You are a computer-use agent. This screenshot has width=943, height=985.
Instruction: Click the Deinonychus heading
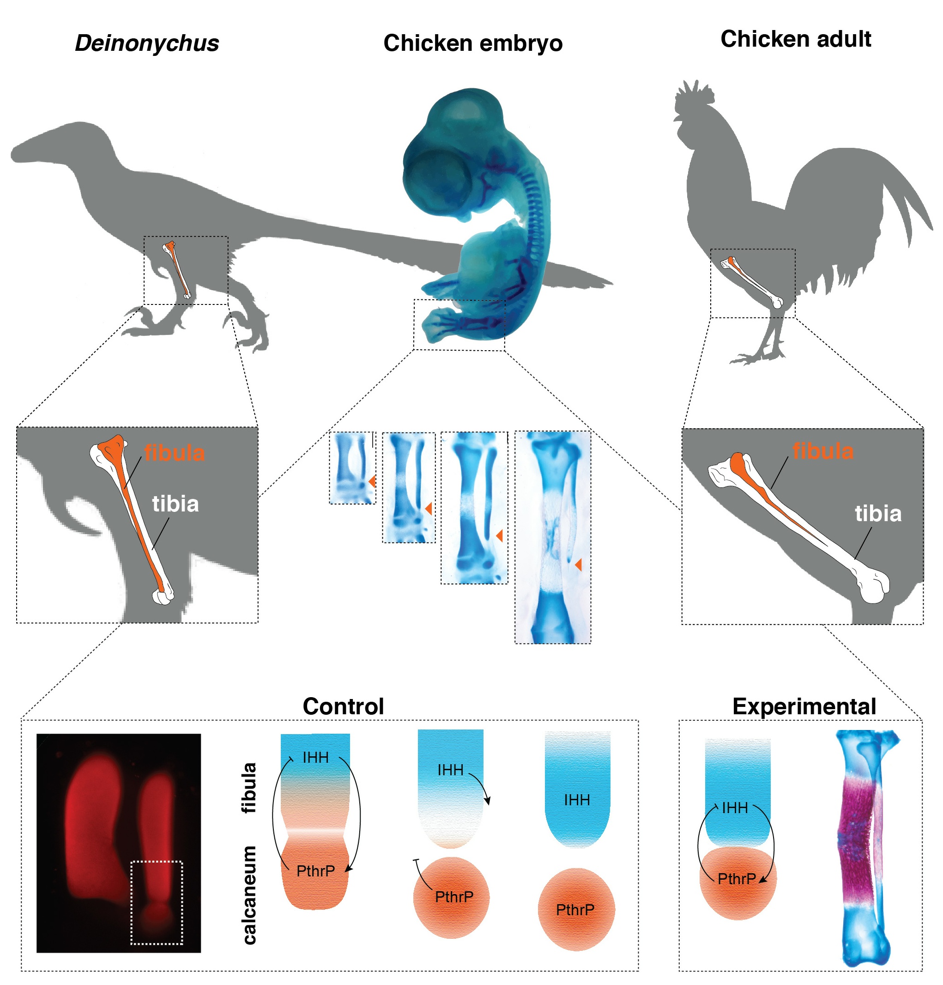(x=147, y=43)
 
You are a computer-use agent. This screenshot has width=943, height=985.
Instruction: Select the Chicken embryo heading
(x=472, y=43)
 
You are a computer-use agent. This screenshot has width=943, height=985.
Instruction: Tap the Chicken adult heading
(x=795, y=39)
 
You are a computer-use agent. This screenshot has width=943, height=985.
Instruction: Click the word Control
(x=343, y=706)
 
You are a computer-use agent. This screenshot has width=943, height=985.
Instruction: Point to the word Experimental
(x=804, y=706)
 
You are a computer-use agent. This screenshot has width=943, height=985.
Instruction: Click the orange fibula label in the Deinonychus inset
(x=175, y=453)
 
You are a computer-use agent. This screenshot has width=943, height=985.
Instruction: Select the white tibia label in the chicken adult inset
(x=878, y=514)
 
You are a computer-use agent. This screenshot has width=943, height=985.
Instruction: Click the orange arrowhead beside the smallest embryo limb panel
(x=372, y=481)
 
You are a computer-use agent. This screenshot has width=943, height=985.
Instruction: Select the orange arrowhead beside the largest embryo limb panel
(x=578, y=565)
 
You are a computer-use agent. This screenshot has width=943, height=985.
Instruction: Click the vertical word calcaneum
(x=250, y=894)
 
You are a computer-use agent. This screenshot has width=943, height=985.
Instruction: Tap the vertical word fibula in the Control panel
(x=250, y=788)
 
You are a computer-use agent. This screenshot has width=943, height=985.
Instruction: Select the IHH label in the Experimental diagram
(x=735, y=808)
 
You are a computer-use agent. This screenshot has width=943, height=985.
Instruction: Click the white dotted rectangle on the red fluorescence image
(x=157, y=903)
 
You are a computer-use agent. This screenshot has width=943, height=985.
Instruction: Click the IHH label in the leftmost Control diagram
(x=315, y=757)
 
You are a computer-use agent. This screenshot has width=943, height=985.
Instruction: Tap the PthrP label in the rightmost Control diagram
(x=575, y=910)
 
